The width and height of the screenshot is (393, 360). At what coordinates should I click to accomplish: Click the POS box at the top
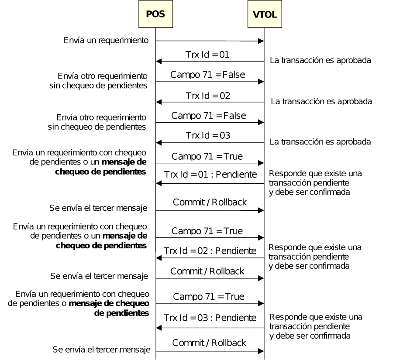click(155, 14)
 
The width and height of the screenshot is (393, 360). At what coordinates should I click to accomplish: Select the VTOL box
click(264, 14)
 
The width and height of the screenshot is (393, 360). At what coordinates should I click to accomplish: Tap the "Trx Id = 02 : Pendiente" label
click(210, 251)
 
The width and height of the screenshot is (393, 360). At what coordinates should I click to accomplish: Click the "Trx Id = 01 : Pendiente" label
click(210, 175)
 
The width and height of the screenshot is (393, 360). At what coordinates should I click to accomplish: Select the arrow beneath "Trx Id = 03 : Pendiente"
click(210, 328)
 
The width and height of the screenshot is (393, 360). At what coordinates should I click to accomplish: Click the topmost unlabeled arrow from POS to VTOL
click(210, 41)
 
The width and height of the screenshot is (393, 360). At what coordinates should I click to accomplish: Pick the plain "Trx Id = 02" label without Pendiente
click(208, 96)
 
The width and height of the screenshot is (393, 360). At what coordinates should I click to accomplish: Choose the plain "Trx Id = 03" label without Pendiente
click(208, 136)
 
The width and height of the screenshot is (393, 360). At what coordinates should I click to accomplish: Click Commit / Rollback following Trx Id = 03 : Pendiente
click(209, 343)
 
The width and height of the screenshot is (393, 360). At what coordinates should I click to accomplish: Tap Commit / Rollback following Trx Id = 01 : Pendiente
click(210, 202)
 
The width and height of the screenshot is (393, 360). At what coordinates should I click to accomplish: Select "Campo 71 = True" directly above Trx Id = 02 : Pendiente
click(207, 230)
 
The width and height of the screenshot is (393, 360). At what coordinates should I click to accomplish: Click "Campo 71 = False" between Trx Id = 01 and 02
click(208, 75)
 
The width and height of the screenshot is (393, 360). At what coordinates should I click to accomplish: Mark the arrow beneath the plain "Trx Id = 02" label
click(210, 102)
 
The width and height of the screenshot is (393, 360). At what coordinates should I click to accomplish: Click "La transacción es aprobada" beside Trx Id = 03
click(321, 142)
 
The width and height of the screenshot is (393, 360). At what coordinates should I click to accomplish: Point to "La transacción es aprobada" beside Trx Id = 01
click(321, 60)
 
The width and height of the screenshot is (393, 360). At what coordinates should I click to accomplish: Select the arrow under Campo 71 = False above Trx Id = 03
click(210, 123)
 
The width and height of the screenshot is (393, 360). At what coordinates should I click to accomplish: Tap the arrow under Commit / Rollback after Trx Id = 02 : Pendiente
click(210, 278)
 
